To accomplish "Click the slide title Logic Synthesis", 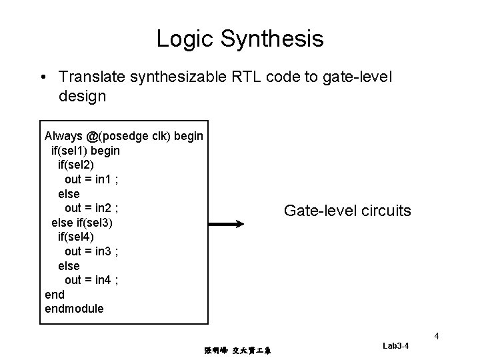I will [x=240, y=38].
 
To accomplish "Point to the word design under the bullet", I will [x=82, y=96].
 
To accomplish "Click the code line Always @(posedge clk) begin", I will [x=123, y=136].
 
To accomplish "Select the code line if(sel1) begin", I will [x=85, y=151].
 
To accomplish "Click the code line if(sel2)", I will [x=80, y=165].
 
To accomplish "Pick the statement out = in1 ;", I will [x=91, y=179].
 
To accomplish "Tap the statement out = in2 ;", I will [x=91, y=208].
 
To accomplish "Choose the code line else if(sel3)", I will [x=83, y=222].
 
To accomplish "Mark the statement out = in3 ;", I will [x=91, y=251].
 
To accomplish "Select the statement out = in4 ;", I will [x=91, y=280].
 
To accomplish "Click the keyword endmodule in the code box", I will [x=74, y=309].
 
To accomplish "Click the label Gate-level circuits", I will [x=347, y=211].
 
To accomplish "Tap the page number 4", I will [x=436, y=336].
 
